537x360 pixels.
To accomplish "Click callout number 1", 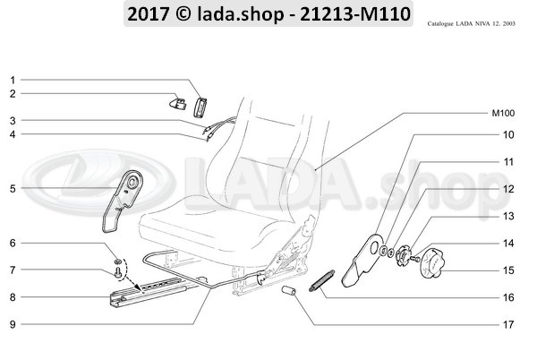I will (x=12, y=80).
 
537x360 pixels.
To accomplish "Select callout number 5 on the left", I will (x=12, y=189).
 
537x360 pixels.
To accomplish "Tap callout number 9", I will (x=12, y=323).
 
